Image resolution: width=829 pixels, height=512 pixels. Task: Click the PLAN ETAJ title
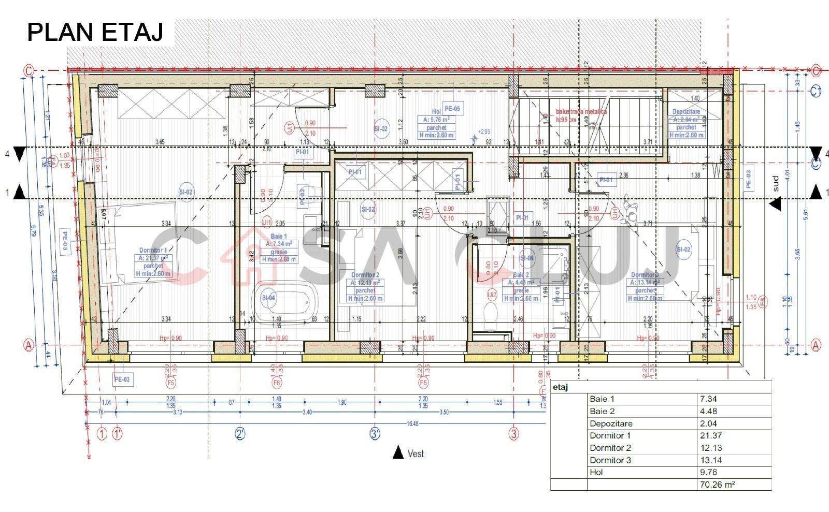(95, 32)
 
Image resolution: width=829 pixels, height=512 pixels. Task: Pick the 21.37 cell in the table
(711, 436)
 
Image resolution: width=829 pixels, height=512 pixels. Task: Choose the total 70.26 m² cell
(717, 485)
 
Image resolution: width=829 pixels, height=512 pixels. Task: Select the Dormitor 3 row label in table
(610, 460)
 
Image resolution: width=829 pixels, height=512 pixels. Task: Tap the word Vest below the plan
(416, 454)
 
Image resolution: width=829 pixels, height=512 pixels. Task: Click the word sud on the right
(776, 183)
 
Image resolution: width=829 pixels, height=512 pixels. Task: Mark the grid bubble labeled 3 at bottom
(513, 434)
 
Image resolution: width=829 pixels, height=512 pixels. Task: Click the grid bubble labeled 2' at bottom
(240, 434)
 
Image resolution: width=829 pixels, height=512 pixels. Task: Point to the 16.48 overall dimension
(412, 424)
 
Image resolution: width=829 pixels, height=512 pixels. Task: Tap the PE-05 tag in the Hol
(452, 109)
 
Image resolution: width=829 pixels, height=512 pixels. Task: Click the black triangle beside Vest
(398, 452)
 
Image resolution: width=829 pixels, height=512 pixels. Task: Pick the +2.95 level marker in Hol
(484, 132)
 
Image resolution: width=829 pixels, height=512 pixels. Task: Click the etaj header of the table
(561, 387)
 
